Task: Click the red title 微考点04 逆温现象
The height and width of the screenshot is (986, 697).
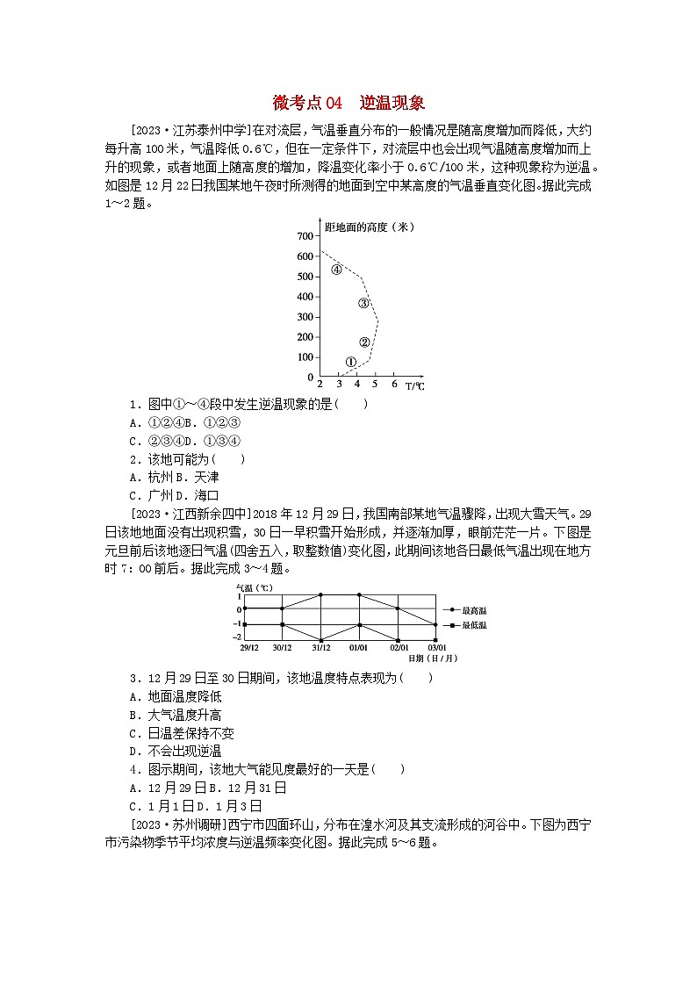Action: coord(348,104)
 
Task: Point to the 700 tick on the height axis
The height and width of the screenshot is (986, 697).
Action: coord(305,236)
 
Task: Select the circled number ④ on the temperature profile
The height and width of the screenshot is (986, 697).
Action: coord(336,270)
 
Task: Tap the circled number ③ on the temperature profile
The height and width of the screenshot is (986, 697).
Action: coord(363,303)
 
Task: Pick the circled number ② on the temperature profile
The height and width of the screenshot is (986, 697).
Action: coord(364,342)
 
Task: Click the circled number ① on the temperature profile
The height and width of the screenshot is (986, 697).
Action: coord(350,361)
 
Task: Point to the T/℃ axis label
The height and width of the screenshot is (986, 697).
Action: coord(414,385)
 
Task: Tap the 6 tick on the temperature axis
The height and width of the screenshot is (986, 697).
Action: coord(394,385)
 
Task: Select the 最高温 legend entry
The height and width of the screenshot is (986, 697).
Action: coord(471,608)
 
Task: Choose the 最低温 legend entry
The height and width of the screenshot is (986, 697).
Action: coord(471,624)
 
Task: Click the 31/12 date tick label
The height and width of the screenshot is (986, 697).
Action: coord(321,648)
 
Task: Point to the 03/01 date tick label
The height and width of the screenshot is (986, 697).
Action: coord(437,648)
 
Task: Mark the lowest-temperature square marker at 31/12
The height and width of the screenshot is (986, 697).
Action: coord(321,639)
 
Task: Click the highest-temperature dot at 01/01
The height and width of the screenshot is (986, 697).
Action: coord(360,594)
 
